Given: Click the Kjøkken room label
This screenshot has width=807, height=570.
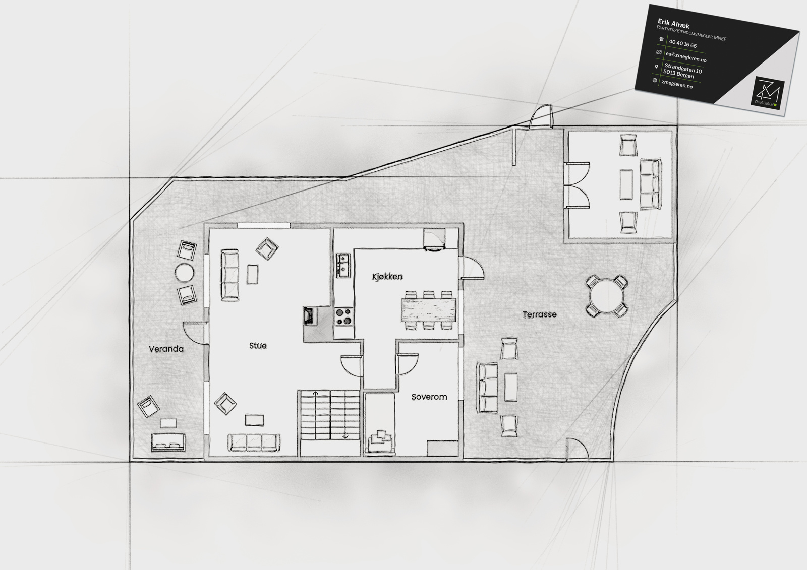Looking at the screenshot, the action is (387, 277).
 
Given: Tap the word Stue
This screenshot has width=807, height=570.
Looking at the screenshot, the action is (258, 346).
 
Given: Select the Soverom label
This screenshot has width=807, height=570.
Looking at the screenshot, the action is (429, 397).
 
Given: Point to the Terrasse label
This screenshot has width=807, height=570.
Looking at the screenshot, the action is (539, 314).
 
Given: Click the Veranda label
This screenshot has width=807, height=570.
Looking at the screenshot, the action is (166, 349).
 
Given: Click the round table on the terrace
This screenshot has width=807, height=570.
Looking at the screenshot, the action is (606, 296).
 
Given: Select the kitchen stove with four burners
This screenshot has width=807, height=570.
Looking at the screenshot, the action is (343, 316).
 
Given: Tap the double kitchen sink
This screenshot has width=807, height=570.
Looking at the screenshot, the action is (343, 266).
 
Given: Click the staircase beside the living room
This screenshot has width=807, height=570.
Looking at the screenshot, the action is (330, 415).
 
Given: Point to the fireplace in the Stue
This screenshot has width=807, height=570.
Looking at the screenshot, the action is (310, 316).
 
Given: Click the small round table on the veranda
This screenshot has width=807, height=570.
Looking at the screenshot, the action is (185, 273).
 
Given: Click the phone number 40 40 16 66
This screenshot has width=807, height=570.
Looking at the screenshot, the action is (683, 44).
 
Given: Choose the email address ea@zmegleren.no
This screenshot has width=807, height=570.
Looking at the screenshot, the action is (686, 57).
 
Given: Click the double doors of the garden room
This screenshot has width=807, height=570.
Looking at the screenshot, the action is (577, 185).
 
